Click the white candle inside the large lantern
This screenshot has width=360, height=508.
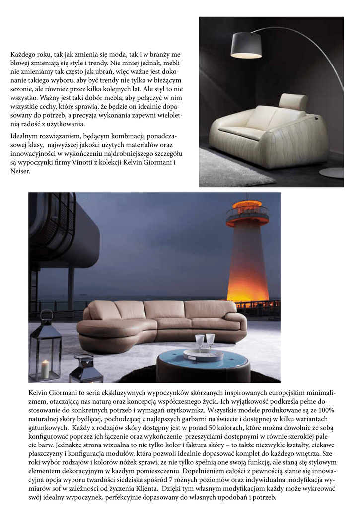45,369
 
